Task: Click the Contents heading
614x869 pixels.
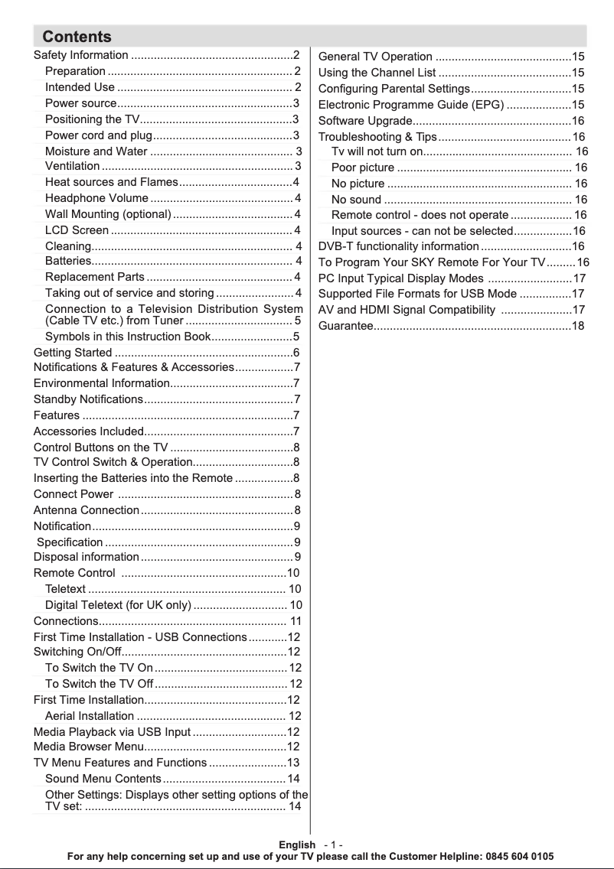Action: (77, 37)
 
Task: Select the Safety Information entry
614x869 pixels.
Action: (81, 55)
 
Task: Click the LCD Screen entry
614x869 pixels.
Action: (77, 230)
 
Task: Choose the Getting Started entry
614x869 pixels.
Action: (73, 353)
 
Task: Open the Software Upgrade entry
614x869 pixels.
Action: (365, 121)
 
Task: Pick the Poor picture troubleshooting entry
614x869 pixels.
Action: (363, 168)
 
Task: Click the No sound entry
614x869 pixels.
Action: (356, 200)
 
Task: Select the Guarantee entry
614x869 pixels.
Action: (345, 327)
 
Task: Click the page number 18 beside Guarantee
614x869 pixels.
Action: (578, 327)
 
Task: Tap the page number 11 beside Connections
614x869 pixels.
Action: (296, 621)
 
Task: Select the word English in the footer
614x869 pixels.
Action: (297, 845)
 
